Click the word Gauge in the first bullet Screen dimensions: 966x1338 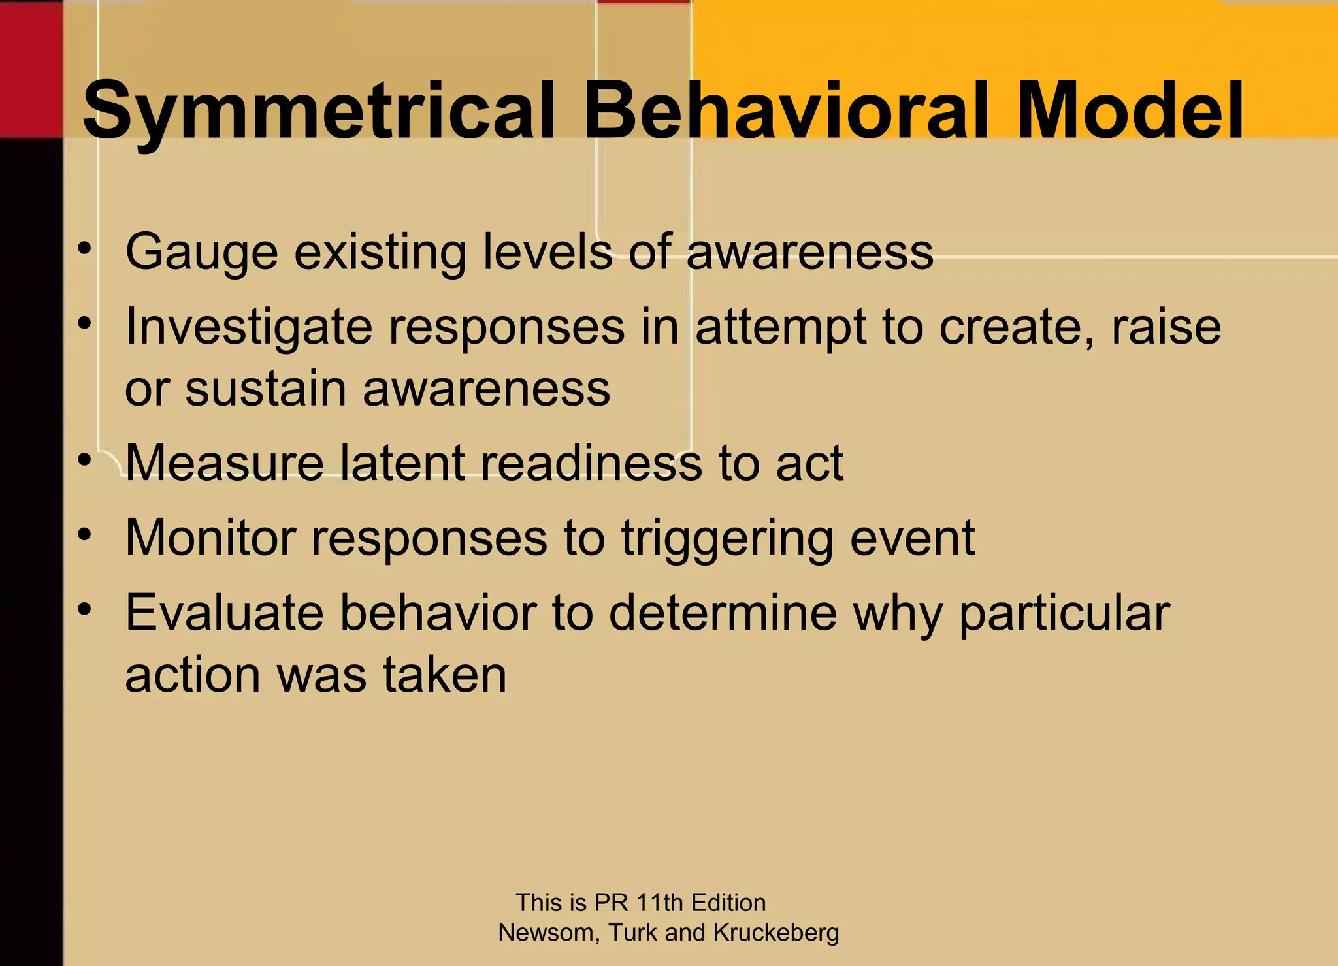tap(201, 253)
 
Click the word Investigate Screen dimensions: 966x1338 tap(248, 327)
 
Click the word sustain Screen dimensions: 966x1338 tap(265, 389)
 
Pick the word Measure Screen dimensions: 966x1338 tap(224, 463)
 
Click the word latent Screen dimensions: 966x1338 tap(402, 463)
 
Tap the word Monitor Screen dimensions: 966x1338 tap(209, 538)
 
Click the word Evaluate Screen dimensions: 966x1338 tap(224, 613)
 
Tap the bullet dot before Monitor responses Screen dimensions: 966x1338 tap(84, 535)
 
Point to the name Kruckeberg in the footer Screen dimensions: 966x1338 tap(775, 933)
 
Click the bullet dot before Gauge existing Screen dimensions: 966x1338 tap(84, 249)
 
